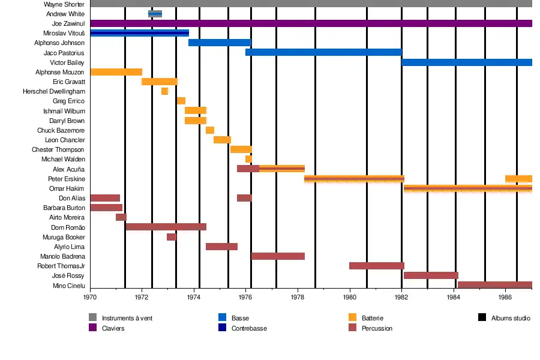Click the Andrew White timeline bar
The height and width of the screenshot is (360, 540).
point(155,14)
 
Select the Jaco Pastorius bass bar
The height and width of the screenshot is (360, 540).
point(323,52)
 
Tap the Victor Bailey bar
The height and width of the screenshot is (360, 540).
point(467,62)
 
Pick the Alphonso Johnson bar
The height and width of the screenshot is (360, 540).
point(220,43)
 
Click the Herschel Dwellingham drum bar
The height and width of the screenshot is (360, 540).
point(164,91)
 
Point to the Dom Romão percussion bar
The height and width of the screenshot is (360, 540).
point(166,227)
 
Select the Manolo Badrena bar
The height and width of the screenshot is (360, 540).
point(278,256)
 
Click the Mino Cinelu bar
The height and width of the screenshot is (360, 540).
point(494,285)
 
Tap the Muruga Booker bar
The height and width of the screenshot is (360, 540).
point(172,237)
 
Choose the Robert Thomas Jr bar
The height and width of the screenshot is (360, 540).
point(377,266)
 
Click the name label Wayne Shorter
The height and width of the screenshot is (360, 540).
point(64,4)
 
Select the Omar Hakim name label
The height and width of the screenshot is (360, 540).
point(70,188)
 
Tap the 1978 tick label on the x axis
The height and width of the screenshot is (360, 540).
point(298,297)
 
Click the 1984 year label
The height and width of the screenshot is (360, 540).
point(454,297)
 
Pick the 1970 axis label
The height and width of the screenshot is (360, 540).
point(90,297)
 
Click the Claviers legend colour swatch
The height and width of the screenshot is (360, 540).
point(92,328)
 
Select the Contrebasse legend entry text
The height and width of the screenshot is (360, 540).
point(249,328)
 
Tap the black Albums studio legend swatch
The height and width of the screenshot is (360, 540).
point(482,317)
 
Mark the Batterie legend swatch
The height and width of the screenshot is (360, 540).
point(352,317)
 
